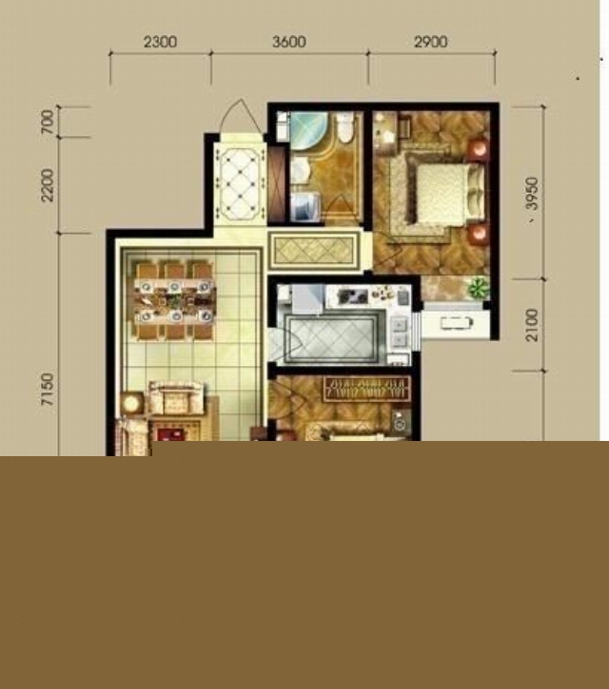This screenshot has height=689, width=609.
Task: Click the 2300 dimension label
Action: pyautogui.click(x=160, y=42)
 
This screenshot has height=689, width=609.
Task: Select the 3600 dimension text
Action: pyautogui.click(x=289, y=42)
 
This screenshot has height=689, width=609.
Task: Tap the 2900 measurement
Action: pyautogui.click(x=431, y=42)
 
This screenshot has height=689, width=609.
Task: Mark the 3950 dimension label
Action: pyautogui.click(x=532, y=193)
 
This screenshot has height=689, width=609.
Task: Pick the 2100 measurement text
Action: pyautogui.click(x=532, y=325)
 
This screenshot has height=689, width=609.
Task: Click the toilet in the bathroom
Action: pyautogui.click(x=345, y=127)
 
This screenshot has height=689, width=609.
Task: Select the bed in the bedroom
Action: pyautogui.click(x=444, y=193)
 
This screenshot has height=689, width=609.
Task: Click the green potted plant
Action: pyautogui.click(x=479, y=288)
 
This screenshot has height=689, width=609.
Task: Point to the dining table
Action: pyautogui.click(x=175, y=301)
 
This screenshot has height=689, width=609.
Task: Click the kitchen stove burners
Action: pyautogui.click(x=353, y=297)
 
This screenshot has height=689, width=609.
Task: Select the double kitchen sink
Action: pyautogui.click(x=399, y=333)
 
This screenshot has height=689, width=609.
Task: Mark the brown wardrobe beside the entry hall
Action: pyautogui.click(x=277, y=185)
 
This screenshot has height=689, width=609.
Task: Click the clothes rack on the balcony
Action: pyautogui.click(x=457, y=323)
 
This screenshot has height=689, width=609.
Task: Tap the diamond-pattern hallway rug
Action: pyautogui.click(x=314, y=251)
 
